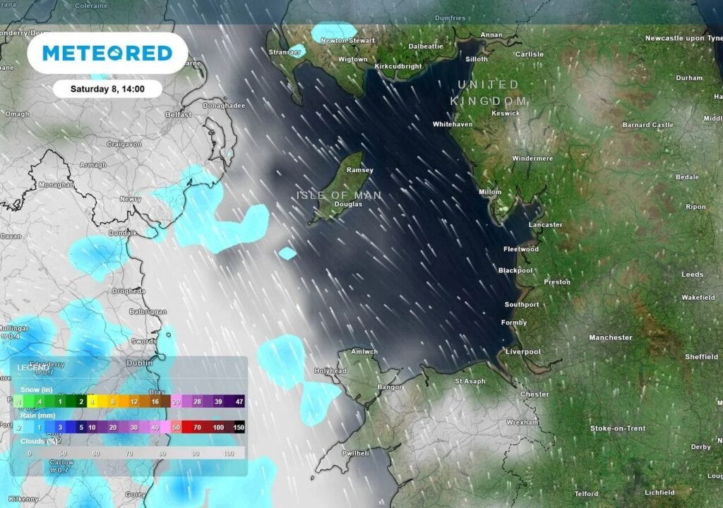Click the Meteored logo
(107, 53)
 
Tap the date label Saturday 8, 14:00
(107, 89)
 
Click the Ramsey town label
(360, 170)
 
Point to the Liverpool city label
(523, 351)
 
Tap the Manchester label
(611, 337)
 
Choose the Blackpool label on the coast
(515, 270)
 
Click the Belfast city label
(178, 114)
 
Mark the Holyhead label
(330, 370)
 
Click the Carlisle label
(530, 54)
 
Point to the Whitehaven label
(453, 124)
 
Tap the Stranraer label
(285, 52)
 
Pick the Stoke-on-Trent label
(618, 428)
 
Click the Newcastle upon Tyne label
(683, 37)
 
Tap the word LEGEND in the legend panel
(33, 368)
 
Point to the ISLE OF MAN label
(339, 195)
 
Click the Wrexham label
(522, 422)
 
